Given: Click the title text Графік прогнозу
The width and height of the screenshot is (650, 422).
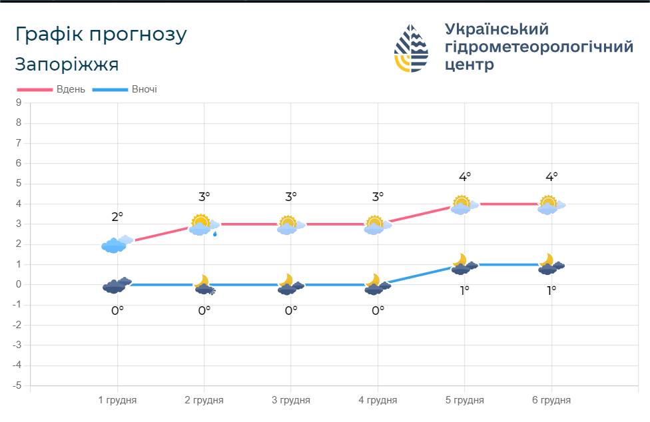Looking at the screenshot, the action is tap(101, 35).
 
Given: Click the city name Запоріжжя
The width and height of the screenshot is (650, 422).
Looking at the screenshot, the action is tap(67, 65).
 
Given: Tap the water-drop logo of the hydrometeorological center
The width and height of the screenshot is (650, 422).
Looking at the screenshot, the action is tap(411, 48).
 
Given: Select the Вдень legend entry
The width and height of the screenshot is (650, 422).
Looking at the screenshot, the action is tap(51, 89).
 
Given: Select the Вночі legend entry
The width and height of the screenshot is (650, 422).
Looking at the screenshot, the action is tap(125, 89).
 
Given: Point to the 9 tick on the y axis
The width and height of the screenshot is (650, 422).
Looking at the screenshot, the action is tap(19, 103).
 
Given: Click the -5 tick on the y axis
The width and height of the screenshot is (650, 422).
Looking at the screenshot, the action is tap(17, 385).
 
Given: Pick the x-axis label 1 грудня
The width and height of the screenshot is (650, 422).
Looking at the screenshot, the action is tap(117, 400).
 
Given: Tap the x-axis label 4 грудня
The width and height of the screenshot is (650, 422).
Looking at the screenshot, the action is tap(378, 400).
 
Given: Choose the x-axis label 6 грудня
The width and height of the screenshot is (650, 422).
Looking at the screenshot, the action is tap(551, 400).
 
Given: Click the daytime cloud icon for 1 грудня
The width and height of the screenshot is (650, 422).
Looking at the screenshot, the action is tap(117, 244).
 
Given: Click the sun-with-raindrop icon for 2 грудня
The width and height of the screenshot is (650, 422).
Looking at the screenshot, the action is tap(204, 225).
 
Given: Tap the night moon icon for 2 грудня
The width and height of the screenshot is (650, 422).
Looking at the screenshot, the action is tap(204, 285).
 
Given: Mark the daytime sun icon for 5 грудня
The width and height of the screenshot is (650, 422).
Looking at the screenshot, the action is tap(464, 204).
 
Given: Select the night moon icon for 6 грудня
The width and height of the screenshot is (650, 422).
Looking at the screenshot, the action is tap(551, 264).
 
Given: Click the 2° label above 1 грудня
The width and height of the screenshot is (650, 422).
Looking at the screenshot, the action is tap(117, 216).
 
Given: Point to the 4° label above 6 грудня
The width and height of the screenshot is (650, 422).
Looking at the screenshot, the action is tap(551, 177).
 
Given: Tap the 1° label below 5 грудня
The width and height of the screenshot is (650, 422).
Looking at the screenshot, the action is tap(464, 291).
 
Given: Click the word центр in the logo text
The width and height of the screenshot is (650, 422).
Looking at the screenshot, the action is tap(470, 65).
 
